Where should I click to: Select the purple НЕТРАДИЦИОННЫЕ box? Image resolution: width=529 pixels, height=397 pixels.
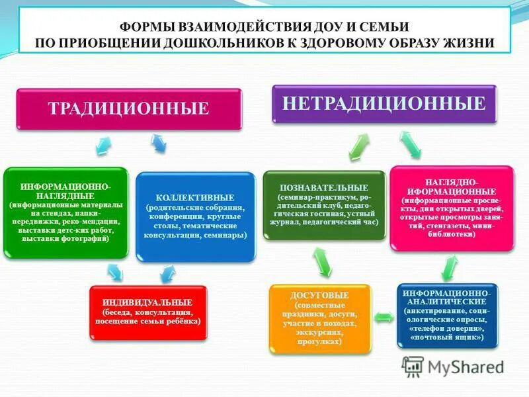click(x=384, y=103)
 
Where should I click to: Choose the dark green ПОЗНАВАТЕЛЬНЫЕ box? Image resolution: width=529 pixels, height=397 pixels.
click(x=324, y=204)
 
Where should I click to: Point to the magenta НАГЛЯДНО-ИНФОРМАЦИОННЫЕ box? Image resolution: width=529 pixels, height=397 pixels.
click(x=451, y=207)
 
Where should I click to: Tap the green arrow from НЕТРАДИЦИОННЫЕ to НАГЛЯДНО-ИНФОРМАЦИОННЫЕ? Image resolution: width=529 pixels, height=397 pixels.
click(x=411, y=144)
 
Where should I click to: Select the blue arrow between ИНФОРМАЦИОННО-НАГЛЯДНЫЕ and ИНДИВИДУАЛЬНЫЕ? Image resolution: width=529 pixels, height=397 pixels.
click(x=114, y=271)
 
